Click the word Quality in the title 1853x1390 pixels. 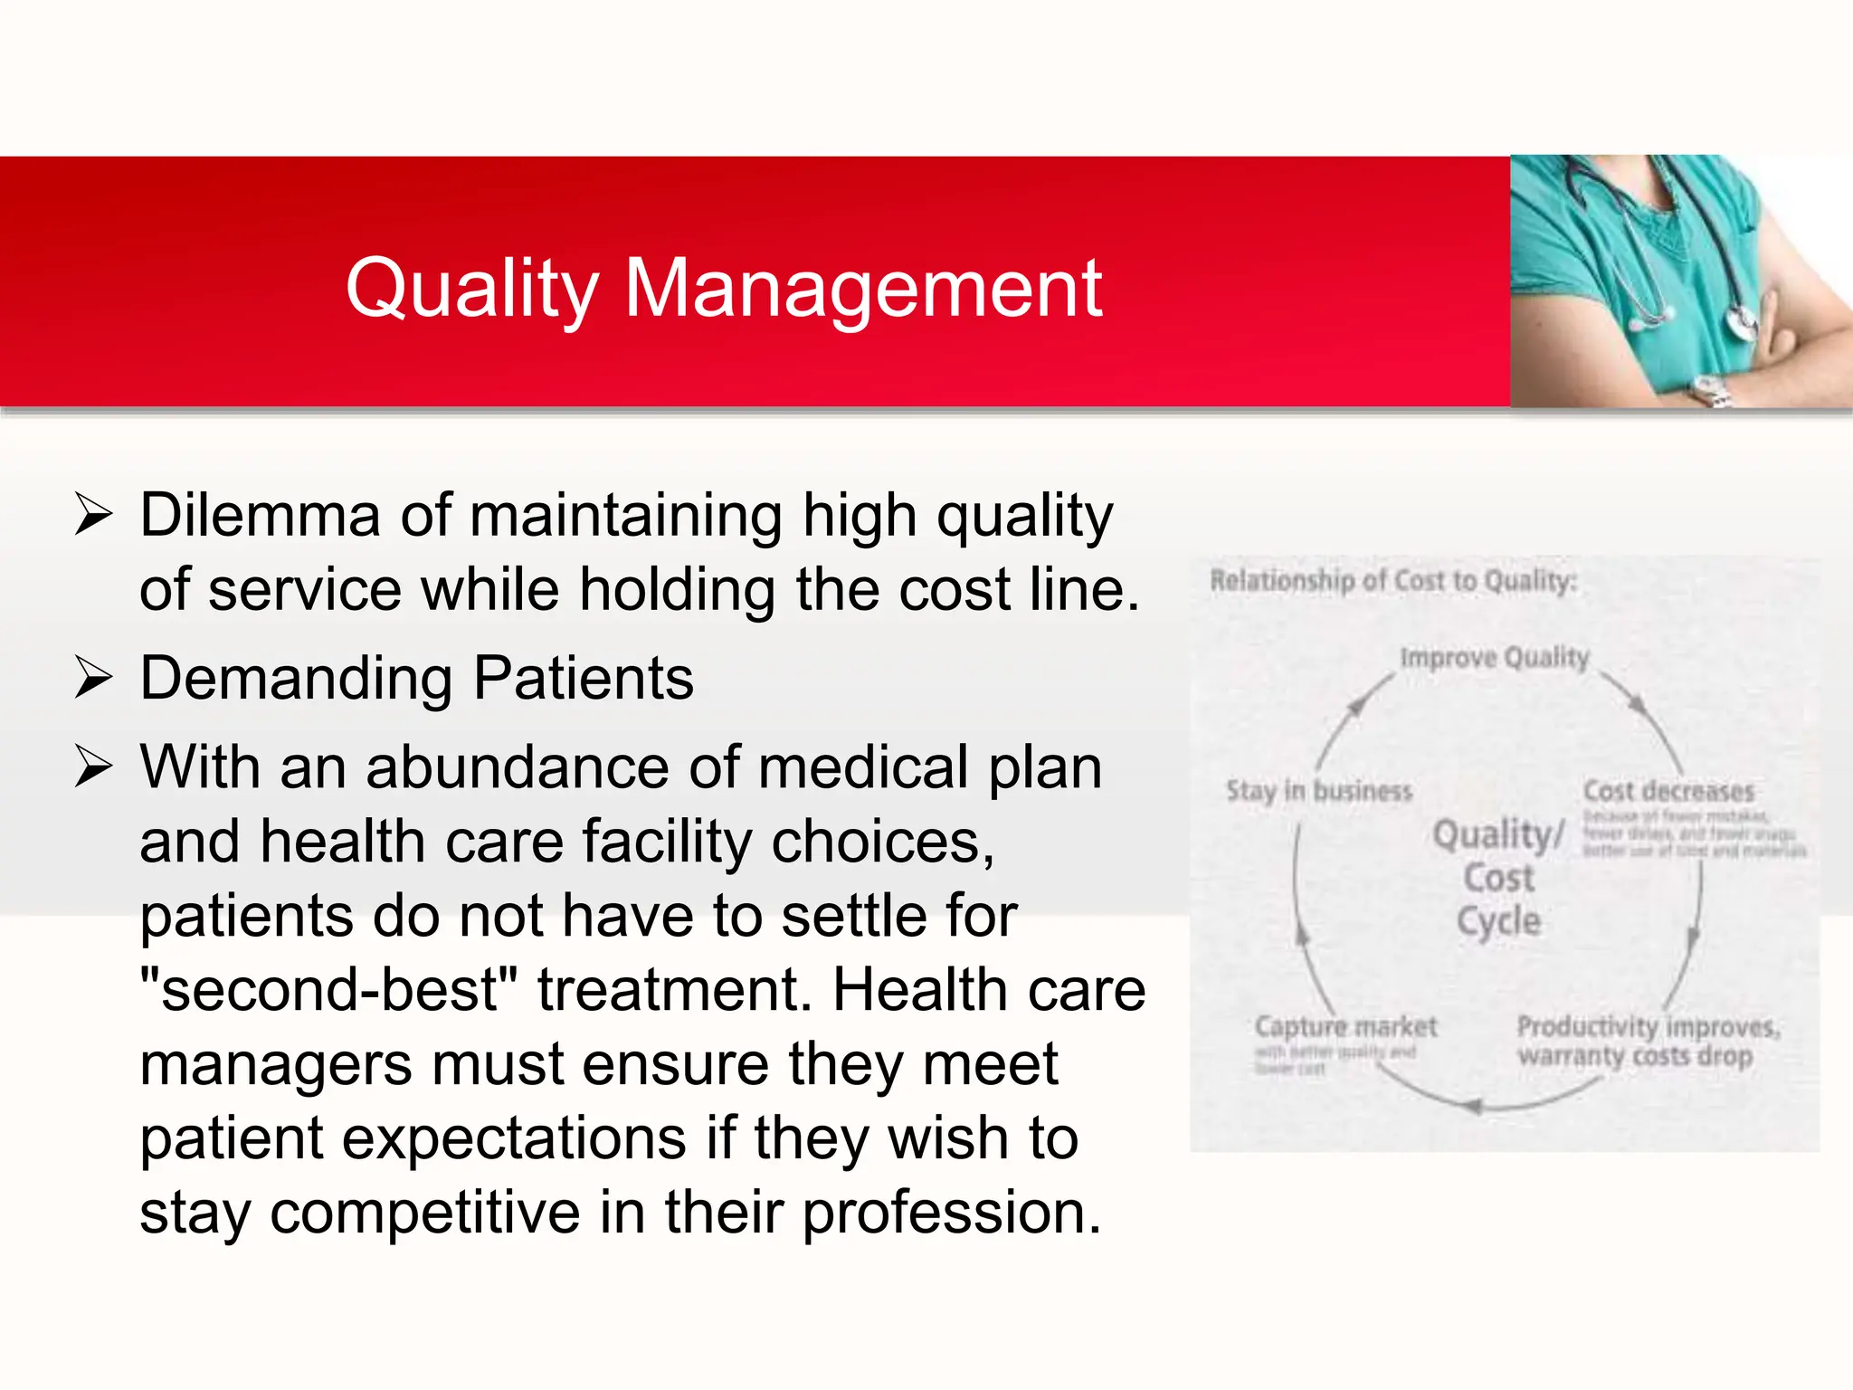click(x=471, y=290)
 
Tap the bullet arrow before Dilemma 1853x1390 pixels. click(x=93, y=515)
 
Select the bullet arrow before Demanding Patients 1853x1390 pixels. click(x=93, y=678)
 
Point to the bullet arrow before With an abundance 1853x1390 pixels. click(x=93, y=766)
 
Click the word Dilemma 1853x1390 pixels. click(x=260, y=515)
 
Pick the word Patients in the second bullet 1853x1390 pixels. click(x=584, y=678)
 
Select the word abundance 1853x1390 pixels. click(x=517, y=766)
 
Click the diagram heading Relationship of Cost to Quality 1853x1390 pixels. click(x=1392, y=580)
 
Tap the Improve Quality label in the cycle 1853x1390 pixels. click(x=1494, y=657)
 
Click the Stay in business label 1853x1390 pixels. click(x=1318, y=791)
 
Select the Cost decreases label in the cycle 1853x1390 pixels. click(x=1668, y=791)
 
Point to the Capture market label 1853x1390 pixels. click(x=1345, y=1026)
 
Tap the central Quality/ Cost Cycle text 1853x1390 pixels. click(x=1498, y=877)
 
